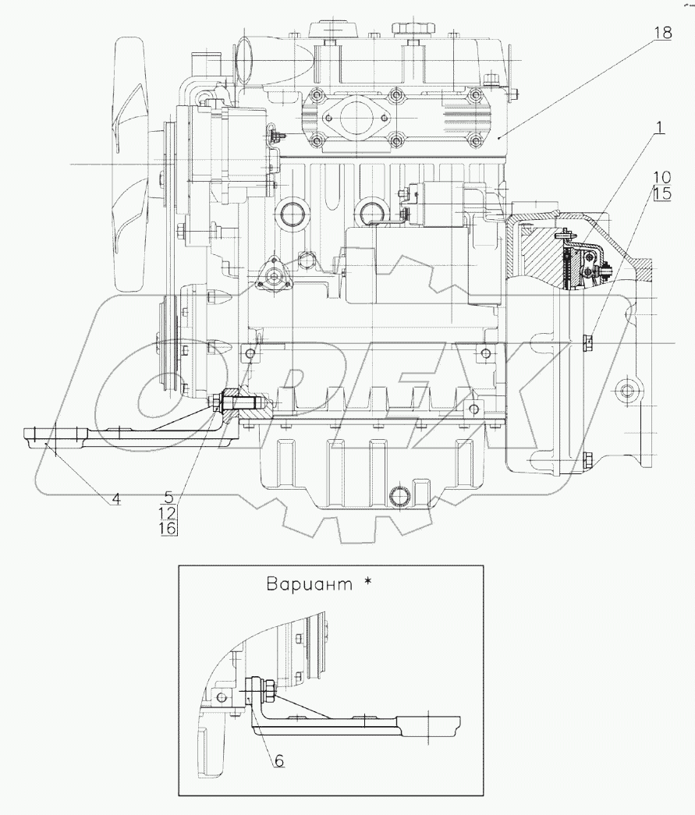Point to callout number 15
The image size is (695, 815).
tap(661, 194)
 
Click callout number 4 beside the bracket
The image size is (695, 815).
tap(115, 499)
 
